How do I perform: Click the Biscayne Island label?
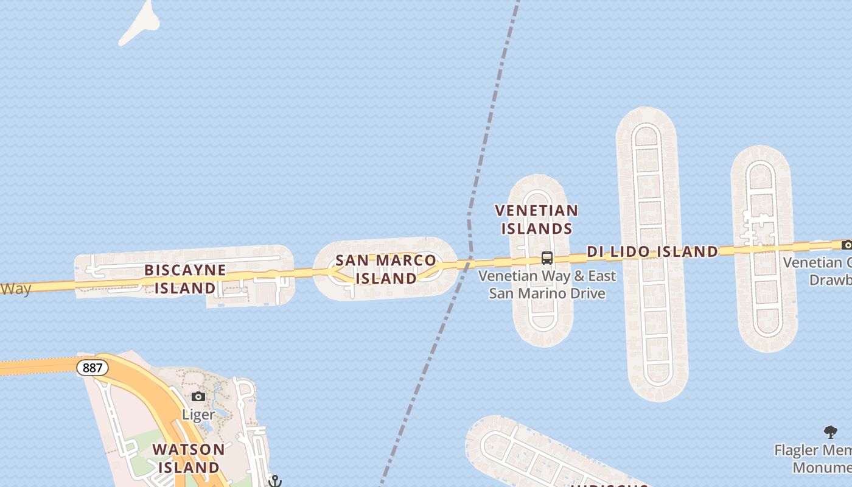[185, 279]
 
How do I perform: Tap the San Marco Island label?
[386, 269]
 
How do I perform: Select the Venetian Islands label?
[536, 219]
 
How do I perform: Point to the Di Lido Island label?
[652, 251]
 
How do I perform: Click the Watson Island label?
[189, 458]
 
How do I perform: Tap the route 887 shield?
[93, 368]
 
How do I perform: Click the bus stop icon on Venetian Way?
[547, 258]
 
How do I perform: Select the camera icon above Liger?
[198, 397]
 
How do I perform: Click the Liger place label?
[198, 415]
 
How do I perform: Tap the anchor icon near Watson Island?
[276, 481]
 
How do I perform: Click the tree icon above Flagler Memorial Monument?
[831, 432]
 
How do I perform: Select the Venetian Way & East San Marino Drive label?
[547, 284]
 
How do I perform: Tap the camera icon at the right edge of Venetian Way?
[847, 245]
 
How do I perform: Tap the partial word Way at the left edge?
[15, 289]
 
